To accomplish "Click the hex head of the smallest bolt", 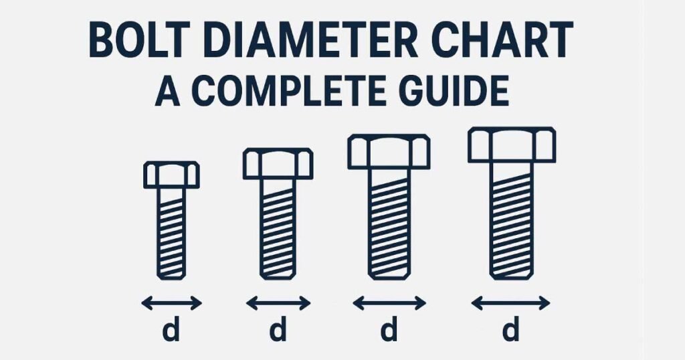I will click(171, 175).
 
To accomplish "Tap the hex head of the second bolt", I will click(278, 164).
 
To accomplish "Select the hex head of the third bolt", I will click(388, 151).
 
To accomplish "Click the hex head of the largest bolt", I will click(511, 145).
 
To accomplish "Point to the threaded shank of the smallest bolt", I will click(171, 234).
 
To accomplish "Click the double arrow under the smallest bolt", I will click(171, 303).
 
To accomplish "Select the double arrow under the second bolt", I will click(278, 303).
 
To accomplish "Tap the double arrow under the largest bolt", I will click(510, 304).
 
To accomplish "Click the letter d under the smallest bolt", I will click(171, 331).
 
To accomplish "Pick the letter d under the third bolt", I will click(389, 331).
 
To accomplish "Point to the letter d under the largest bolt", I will click(511, 331).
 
